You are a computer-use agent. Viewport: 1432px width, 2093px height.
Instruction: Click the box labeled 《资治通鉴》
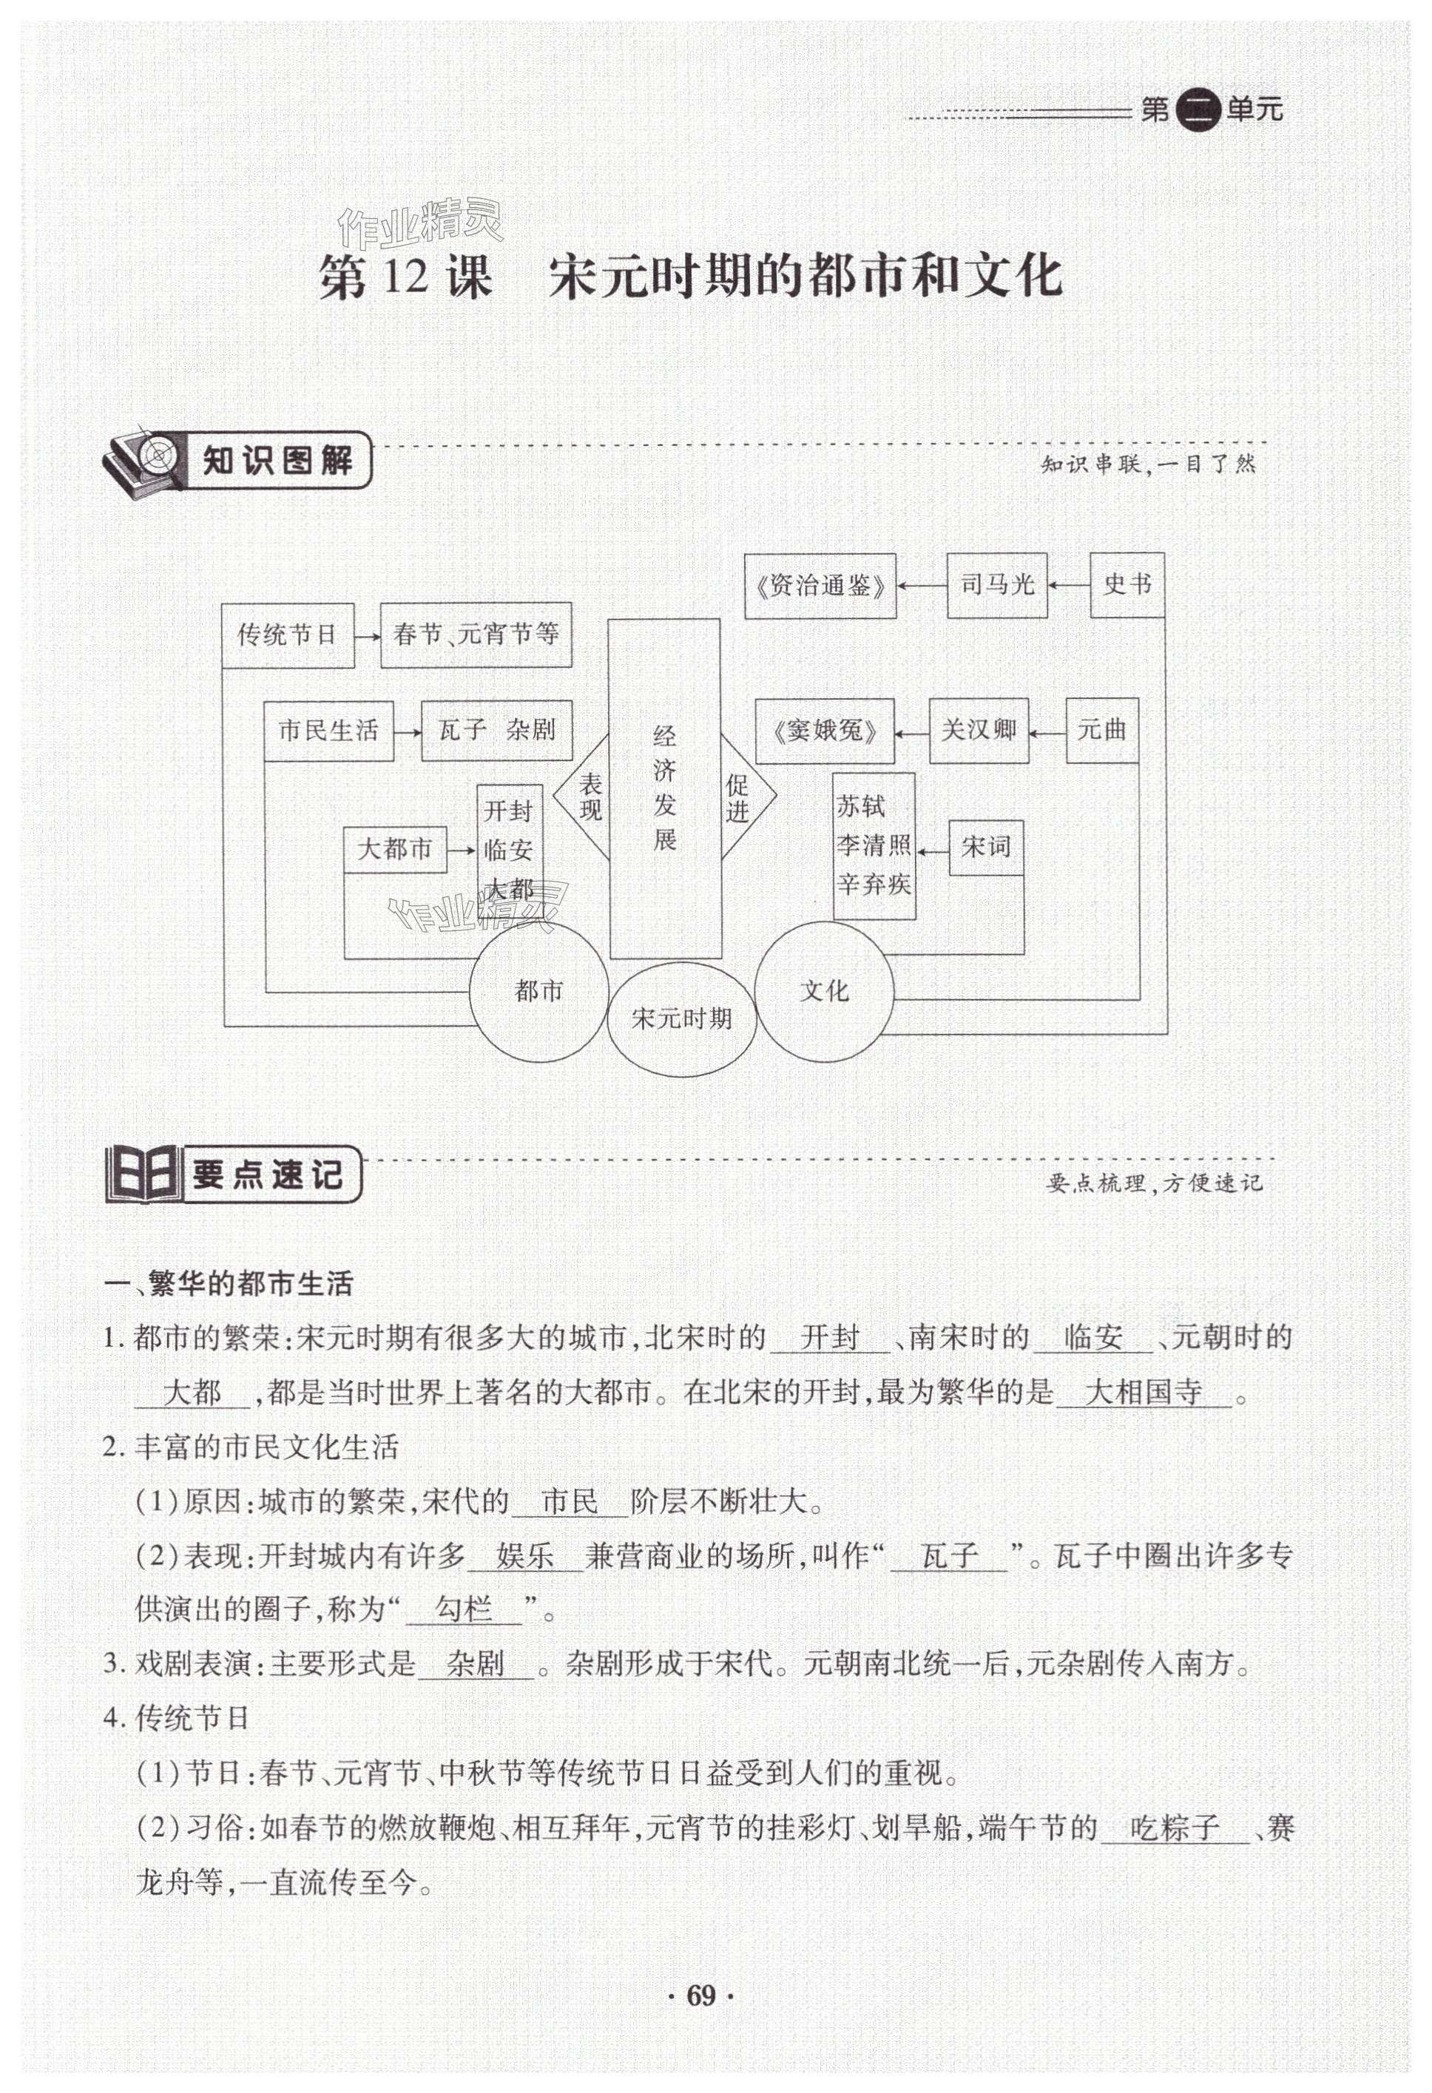(x=820, y=586)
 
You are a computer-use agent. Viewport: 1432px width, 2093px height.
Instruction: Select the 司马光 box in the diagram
(x=996, y=586)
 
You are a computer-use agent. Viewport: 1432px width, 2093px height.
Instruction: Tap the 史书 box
(x=1127, y=586)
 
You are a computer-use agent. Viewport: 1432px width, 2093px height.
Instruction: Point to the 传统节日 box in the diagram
(x=287, y=636)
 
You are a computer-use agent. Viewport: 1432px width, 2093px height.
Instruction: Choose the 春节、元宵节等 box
(x=476, y=635)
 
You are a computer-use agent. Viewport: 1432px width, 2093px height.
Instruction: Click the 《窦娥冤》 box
(x=825, y=731)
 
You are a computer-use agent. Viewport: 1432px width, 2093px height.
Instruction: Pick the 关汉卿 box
(x=978, y=731)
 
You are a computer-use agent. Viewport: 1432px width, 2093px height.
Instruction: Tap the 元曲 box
(x=1101, y=731)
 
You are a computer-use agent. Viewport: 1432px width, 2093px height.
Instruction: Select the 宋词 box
(x=986, y=848)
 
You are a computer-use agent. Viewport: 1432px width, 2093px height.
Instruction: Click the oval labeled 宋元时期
(x=682, y=1018)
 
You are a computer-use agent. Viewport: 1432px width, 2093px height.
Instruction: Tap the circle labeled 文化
(x=824, y=992)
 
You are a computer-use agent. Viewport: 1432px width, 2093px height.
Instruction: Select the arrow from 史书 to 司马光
(x=1069, y=586)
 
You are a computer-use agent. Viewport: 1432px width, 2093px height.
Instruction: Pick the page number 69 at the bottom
(x=700, y=2021)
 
